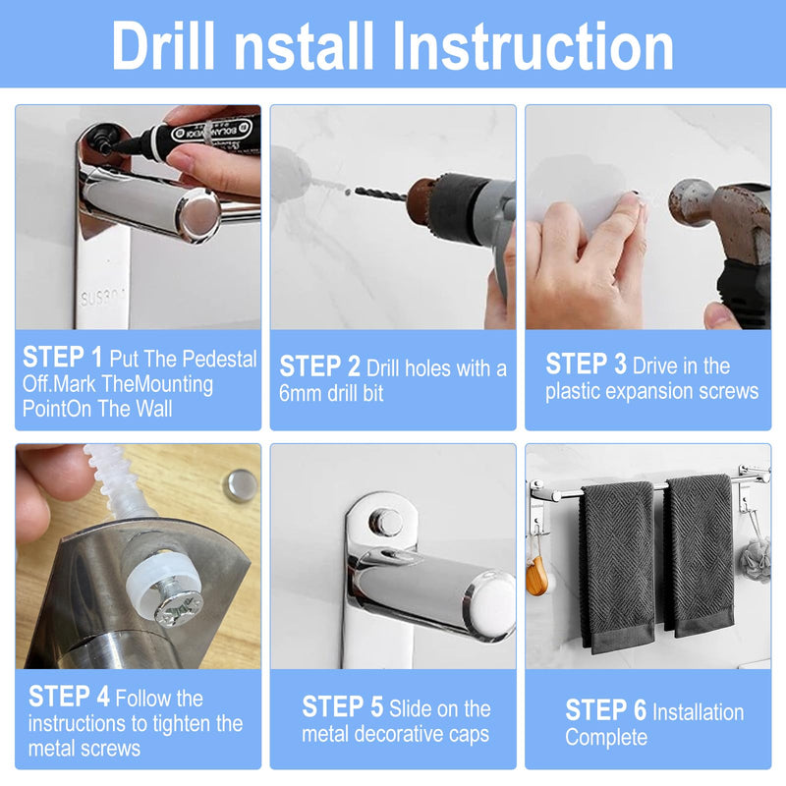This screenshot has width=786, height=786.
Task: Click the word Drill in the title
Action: pos(163,45)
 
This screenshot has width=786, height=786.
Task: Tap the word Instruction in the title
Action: pos(533,45)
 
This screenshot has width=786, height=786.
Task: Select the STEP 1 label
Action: pos(62,357)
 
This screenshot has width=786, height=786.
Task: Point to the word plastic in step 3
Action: pos(572,391)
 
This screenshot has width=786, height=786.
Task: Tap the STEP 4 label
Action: pos(69,697)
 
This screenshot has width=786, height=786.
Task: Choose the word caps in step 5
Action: pos(469,735)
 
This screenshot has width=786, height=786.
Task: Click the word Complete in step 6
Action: pos(606,738)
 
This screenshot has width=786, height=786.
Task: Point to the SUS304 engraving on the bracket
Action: pos(102,298)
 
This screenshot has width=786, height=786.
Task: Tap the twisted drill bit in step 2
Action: pos(380,194)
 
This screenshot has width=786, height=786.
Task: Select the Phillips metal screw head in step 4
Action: pos(179,608)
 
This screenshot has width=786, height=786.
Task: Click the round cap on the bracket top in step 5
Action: pos(385,523)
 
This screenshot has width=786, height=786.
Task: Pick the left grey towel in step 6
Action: pos(617,567)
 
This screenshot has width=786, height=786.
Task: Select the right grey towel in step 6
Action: pos(700,554)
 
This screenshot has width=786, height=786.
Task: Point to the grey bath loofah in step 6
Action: pos(755,559)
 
